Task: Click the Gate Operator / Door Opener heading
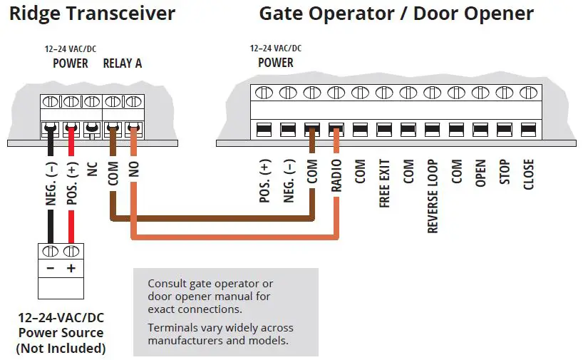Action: (x=396, y=14)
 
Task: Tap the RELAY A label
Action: (x=123, y=63)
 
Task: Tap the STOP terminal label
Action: (x=505, y=173)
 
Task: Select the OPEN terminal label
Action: (x=481, y=173)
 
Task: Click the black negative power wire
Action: (x=50, y=214)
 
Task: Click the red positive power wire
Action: (x=70, y=214)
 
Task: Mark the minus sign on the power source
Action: (x=51, y=269)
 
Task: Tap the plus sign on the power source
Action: (x=71, y=269)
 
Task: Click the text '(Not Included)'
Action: (x=61, y=348)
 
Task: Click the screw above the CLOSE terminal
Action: (x=528, y=93)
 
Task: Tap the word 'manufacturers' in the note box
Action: (x=180, y=341)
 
